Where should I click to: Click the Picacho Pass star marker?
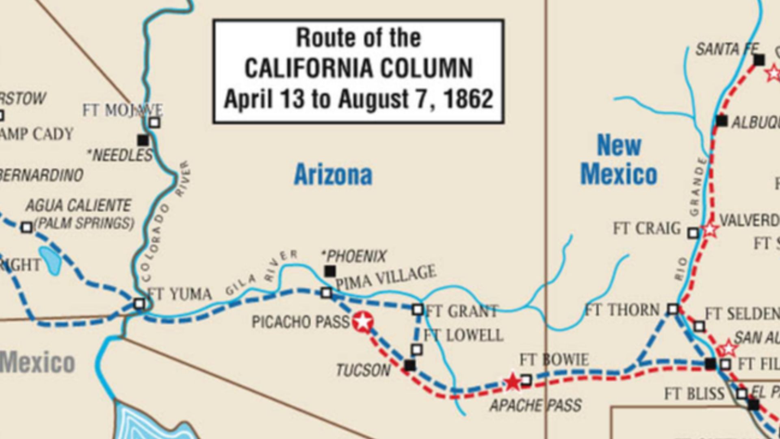[x=362, y=322]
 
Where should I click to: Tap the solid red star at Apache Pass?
[x=513, y=382]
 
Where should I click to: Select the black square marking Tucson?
[x=410, y=365]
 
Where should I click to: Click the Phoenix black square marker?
[x=330, y=271]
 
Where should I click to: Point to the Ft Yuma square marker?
[x=139, y=304]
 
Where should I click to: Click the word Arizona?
[x=333, y=175]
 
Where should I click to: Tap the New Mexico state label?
[x=618, y=160]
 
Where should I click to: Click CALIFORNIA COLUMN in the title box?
[x=359, y=68]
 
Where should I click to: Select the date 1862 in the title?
[x=468, y=99]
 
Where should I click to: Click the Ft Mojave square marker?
[x=154, y=122]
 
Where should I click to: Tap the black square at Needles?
[x=143, y=140]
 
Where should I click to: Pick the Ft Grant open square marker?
[x=418, y=310]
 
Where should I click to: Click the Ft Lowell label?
[x=463, y=336]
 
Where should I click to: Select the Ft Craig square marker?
[x=693, y=233]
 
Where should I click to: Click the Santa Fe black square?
[x=759, y=60]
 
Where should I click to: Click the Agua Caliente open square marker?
[x=27, y=227]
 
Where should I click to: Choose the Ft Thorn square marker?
[x=673, y=310]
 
